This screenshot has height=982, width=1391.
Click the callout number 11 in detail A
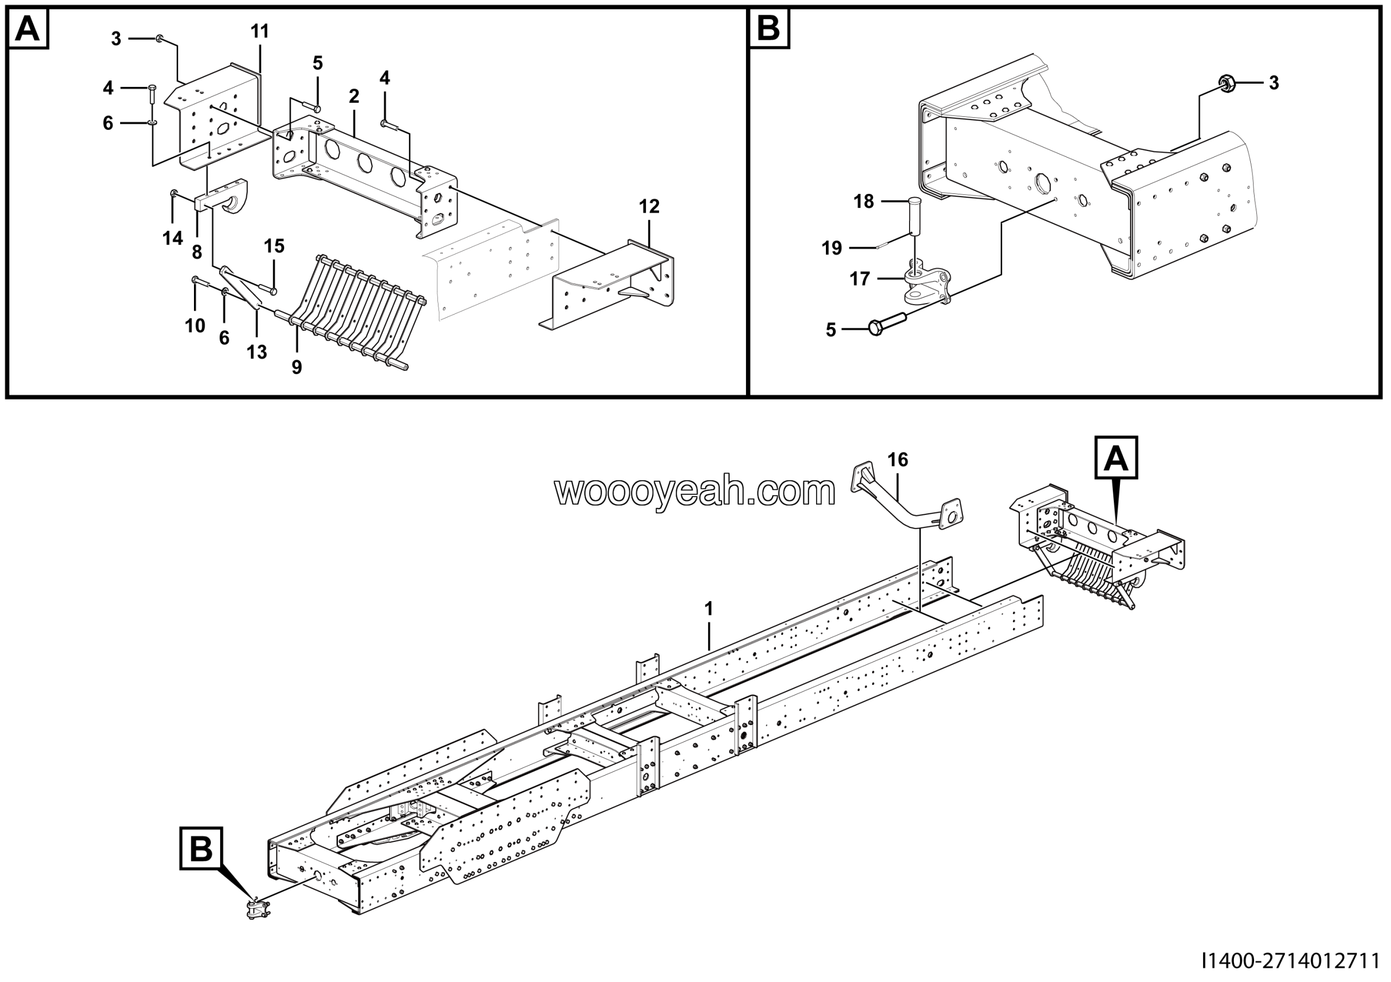click(259, 32)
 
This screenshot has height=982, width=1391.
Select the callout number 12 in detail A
click(649, 206)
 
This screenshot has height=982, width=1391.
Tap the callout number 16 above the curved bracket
click(897, 460)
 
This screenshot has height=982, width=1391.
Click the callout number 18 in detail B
click(863, 202)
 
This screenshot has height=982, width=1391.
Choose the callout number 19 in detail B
click(832, 248)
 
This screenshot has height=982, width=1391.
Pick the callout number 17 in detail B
click(860, 279)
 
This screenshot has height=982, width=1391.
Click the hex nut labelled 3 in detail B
click(1227, 83)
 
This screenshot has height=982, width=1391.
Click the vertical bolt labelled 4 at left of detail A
click(152, 96)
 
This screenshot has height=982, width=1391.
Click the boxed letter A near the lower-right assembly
click(1116, 458)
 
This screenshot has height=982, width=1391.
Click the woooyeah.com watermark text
click(695, 492)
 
